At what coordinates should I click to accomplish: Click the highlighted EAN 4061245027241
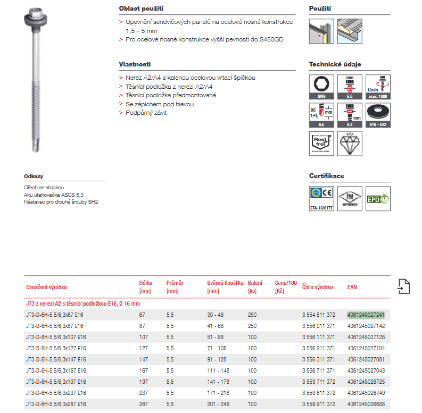coord(366,315)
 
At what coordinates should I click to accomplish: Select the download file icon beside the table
coord(403,286)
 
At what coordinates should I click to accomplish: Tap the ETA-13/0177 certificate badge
coord(321,199)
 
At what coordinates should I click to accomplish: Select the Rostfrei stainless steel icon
coord(321,142)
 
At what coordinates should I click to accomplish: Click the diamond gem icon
coord(350,142)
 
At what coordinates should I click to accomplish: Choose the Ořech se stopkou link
coord(44,188)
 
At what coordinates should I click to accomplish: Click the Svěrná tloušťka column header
coord(225,283)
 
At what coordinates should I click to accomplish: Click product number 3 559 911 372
coord(318,404)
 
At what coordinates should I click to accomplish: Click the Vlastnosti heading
coord(135,64)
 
